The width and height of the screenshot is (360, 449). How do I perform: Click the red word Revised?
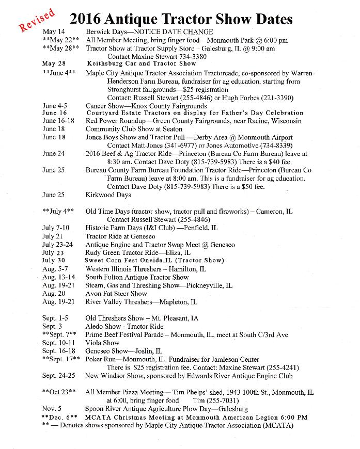[37, 20]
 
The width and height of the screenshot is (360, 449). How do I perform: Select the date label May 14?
[53, 32]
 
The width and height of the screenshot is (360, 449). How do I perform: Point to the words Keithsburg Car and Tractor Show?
[141, 64]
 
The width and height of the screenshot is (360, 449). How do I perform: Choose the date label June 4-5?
[54, 106]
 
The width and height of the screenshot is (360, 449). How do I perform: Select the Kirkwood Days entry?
[108, 195]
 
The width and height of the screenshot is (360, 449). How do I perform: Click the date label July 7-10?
[56, 228]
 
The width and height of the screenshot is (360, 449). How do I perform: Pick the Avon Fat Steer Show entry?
[116, 294]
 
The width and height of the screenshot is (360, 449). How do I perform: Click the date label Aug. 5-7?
[56, 269]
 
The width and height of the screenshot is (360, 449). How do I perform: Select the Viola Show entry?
[102, 342]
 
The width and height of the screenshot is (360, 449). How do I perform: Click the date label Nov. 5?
[52, 409]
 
